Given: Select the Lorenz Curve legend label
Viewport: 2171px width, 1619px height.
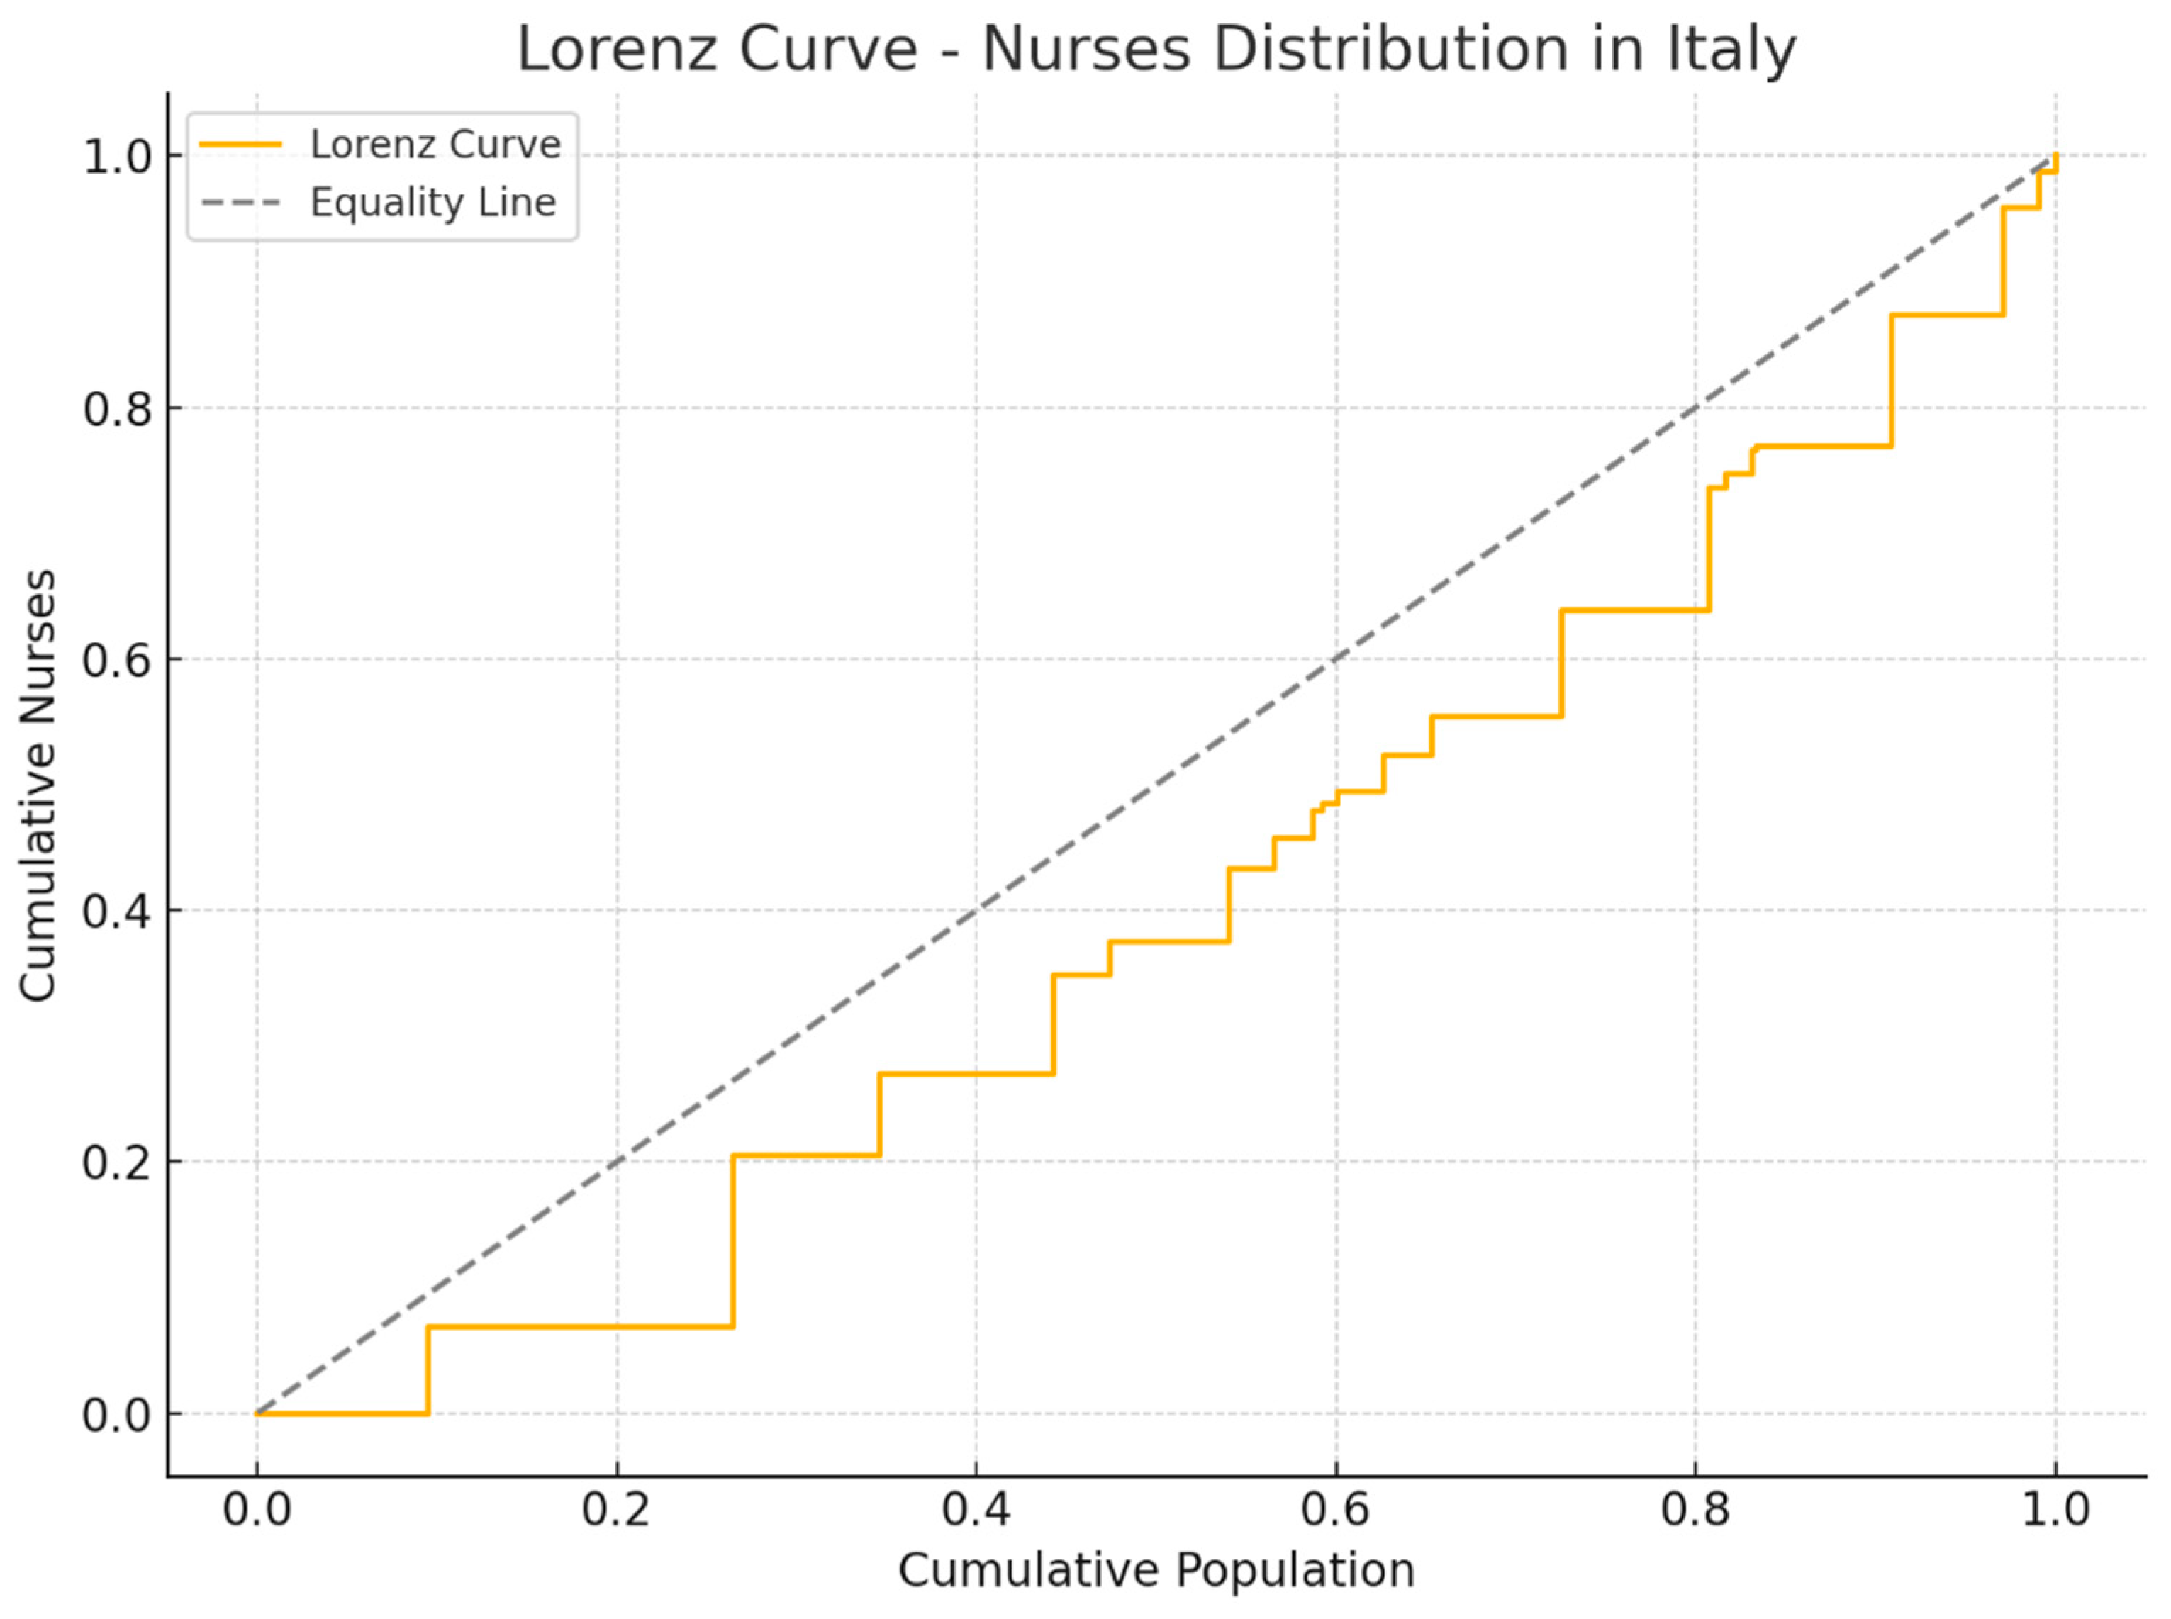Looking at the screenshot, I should (435, 145).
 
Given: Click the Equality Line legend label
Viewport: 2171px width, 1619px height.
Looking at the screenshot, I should (433, 203).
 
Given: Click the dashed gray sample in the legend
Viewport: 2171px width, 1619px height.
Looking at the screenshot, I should (240, 203).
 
